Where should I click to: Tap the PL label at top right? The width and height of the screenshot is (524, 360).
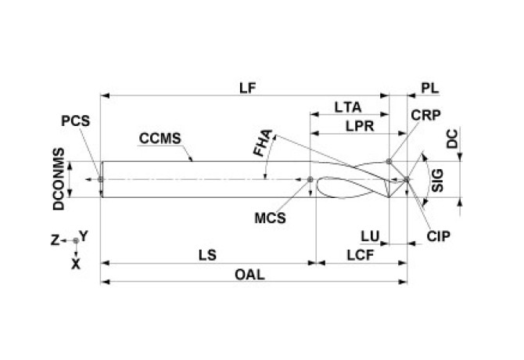429,87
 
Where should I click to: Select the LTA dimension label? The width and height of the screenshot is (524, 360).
347,106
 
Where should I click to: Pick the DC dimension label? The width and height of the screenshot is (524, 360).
452,139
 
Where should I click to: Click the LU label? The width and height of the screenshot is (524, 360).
370,235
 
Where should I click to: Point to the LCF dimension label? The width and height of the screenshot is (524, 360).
361,255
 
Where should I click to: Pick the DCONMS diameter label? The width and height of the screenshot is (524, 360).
58,179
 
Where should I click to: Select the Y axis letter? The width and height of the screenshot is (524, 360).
84,235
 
